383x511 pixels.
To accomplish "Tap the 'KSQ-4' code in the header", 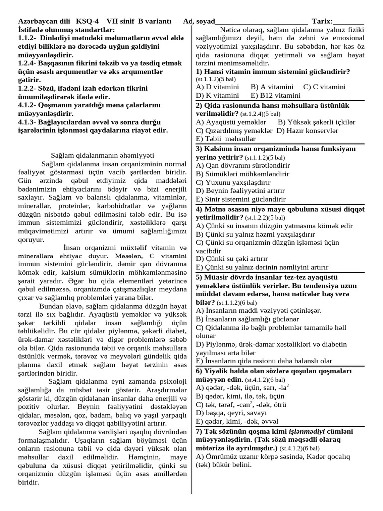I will click(x=87, y=21).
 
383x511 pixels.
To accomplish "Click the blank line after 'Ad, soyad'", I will click(x=261, y=22).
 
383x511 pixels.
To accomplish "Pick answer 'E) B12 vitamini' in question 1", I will click(x=276, y=95).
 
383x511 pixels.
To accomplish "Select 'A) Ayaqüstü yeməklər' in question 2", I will click(x=231, y=122).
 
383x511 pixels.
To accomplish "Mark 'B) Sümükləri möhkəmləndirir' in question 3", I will click(x=242, y=174).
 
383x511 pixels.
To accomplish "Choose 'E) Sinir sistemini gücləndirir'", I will click(x=241, y=199).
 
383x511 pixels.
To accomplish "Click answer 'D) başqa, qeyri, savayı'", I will click(x=232, y=413).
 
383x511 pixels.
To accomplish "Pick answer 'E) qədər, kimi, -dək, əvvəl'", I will click(x=236, y=421).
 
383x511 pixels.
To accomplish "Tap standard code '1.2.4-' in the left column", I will click(x=29, y=63).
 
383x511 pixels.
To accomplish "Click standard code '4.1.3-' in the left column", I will click(x=29, y=122).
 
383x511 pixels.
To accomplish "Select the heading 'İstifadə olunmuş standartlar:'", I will click(x=66, y=30).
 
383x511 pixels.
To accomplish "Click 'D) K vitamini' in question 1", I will click(x=217, y=95).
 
